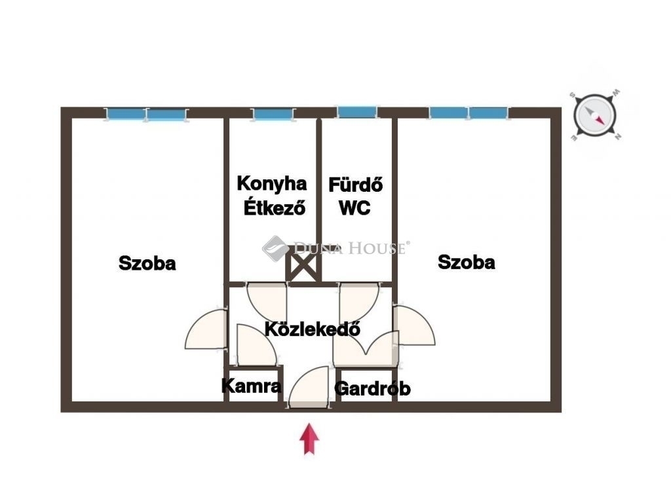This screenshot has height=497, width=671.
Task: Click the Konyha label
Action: (x=272, y=184)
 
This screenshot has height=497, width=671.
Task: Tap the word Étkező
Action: (x=275, y=208)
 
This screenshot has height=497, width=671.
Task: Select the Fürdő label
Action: (x=356, y=185)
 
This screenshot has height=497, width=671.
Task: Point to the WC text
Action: (x=355, y=208)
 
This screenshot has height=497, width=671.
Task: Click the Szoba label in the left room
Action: (x=147, y=263)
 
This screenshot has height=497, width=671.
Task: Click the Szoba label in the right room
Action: (x=467, y=262)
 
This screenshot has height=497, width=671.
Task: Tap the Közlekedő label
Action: (x=313, y=329)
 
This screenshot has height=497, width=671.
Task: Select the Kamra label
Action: (x=252, y=386)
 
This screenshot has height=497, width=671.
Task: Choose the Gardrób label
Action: (x=372, y=388)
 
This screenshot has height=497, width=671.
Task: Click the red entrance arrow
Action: (x=309, y=439)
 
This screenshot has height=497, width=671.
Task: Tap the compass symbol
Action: (x=595, y=115)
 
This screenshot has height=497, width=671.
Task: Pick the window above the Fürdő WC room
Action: (x=357, y=112)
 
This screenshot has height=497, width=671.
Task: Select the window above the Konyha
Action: (x=273, y=115)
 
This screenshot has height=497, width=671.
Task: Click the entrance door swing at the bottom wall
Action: (x=309, y=387)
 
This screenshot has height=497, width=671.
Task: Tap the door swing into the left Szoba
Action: (x=206, y=329)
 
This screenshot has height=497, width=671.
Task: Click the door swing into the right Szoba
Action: (x=414, y=325)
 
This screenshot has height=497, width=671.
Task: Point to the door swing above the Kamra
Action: (x=257, y=344)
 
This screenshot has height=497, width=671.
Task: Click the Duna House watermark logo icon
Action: (x=275, y=248)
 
